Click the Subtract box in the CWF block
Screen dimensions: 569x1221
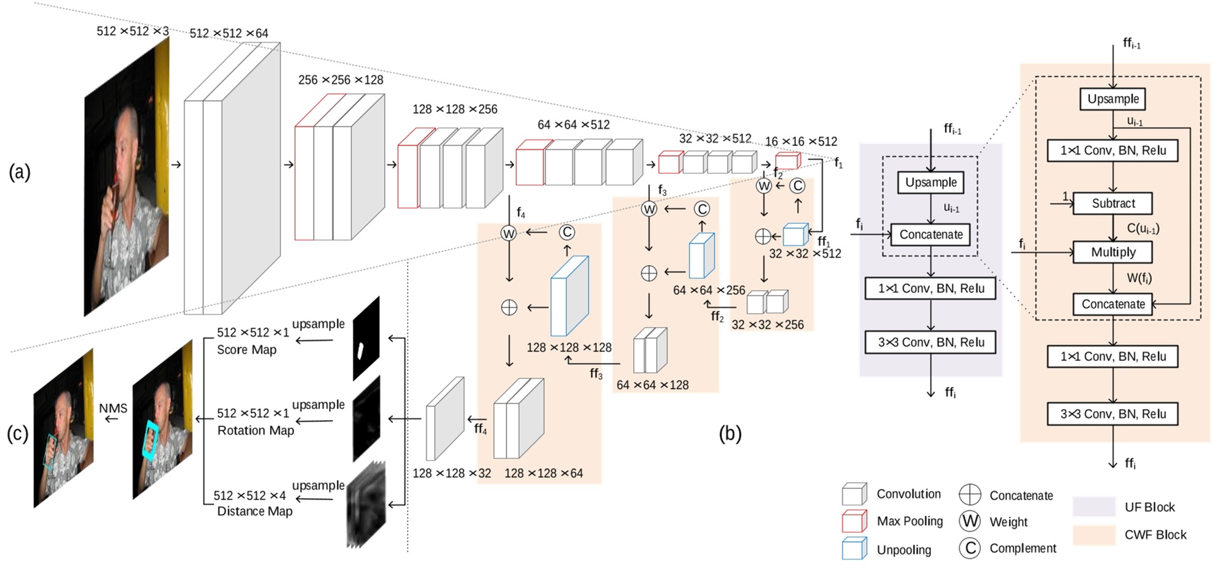click(x=1112, y=203)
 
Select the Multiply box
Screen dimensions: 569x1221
click(x=1112, y=252)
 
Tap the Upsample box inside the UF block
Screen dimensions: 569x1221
click(x=930, y=182)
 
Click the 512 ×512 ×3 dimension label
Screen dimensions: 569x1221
click(x=132, y=31)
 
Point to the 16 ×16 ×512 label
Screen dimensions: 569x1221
click(x=801, y=141)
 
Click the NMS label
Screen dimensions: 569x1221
click(x=113, y=408)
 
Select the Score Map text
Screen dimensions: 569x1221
click(x=246, y=350)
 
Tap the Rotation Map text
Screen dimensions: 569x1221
click(x=255, y=431)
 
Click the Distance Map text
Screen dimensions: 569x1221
click(x=255, y=511)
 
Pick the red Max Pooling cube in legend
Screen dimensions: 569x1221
click(x=854, y=521)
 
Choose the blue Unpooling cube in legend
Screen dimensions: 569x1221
click(x=854, y=549)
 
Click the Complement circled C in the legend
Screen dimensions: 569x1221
click(x=970, y=548)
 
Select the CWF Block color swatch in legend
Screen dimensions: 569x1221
click(x=1094, y=535)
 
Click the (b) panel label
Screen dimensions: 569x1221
click(x=730, y=433)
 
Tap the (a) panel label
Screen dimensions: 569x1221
click(x=19, y=171)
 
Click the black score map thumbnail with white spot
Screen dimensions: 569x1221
click(x=366, y=339)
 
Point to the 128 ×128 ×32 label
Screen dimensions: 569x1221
click(x=452, y=473)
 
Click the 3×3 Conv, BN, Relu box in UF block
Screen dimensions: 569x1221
click(x=930, y=342)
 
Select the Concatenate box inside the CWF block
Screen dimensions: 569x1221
click(x=1112, y=304)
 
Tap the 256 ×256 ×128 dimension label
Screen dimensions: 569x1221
click(x=340, y=80)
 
